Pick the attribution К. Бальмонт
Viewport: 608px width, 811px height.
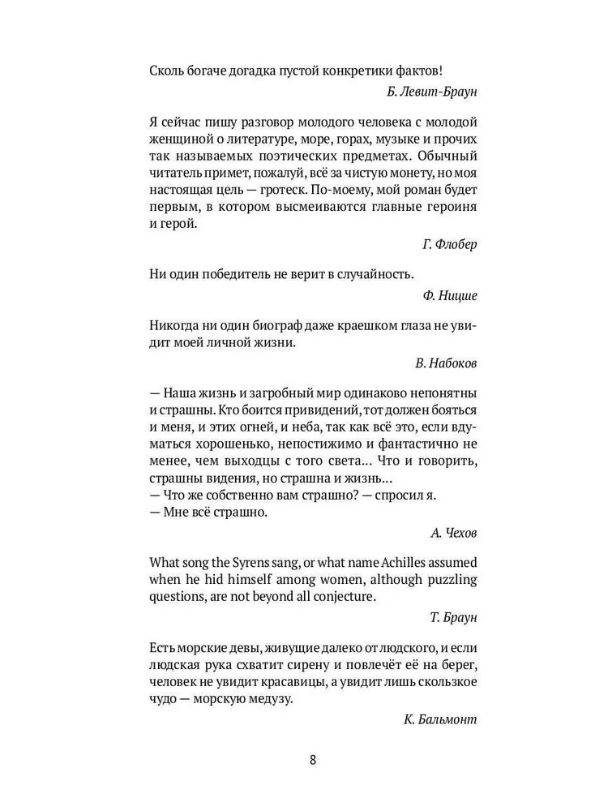click(x=439, y=719)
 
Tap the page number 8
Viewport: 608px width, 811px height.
click(x=314, y=760)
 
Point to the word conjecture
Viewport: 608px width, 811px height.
click(x=341, y=597)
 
